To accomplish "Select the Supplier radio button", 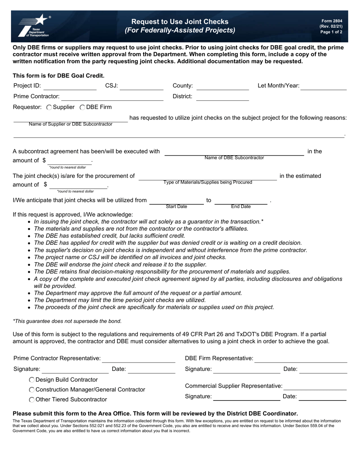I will [49, 108].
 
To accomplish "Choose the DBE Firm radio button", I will [82, 108].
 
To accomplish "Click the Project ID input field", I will [70, 86].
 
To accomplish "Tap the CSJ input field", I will [141, 86].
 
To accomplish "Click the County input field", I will [222, 86].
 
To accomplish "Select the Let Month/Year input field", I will [324, 86].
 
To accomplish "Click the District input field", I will [222, 97].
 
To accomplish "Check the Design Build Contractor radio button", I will [32, 380].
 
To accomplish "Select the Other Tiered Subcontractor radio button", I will [32, 399].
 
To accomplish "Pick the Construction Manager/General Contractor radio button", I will [32, 389].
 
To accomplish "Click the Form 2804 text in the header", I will [332, 21].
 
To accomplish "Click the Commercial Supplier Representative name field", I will [315, 386].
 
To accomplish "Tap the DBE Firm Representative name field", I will [301, 358].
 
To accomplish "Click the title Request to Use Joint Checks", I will [180, 22].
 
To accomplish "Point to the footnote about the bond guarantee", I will [67, 321].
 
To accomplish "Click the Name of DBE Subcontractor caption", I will [234, 158].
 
